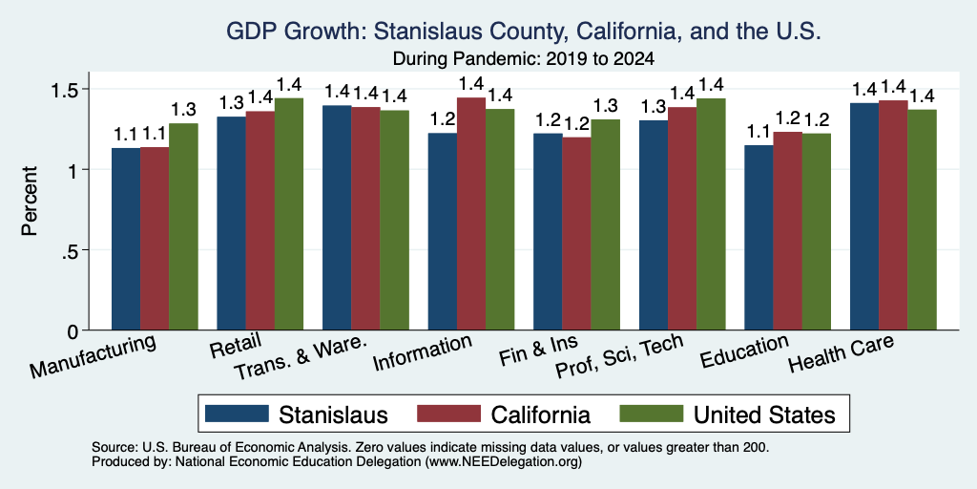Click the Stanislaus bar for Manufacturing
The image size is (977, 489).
(x=126, y=239)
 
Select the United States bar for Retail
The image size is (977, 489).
(x=289, y=214)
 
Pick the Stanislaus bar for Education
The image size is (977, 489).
(x=759, y=238)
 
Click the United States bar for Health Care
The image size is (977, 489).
(x=923, y=220)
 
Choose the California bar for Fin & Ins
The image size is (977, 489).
(x=576, y=233)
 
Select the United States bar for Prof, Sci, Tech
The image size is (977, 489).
(x=711, y=214)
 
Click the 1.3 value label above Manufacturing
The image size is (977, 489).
(x=183, y=110)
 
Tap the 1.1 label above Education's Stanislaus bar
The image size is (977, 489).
(x=759, y=132)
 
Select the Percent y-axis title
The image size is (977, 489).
(x=30, y=201)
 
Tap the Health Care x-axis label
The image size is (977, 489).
(x=842, y=352)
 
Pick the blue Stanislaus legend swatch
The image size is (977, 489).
(x=237, y=414)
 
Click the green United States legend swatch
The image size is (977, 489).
(x=651, y=414)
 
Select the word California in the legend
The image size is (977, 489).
(x=541, y=415)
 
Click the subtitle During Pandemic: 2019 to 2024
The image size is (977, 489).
(x=524, y=59)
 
